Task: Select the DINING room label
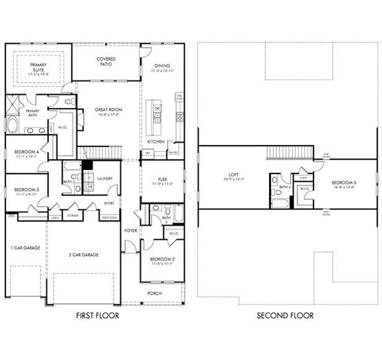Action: coord(162,66)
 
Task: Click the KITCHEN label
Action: coord(156,142)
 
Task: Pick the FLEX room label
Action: coord(162,178)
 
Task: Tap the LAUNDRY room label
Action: coord(106,178)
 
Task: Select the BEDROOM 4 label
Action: coord(26,152)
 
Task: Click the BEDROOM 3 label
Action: coord(26,190)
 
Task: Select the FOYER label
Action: coord(130,230)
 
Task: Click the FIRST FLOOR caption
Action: coord(97,315)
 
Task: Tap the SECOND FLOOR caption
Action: coord(285,315)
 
